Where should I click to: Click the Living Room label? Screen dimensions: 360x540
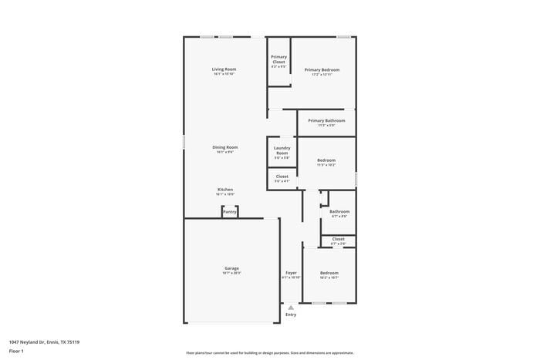click(x=224, y=69)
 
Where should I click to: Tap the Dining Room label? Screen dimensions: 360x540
click(x=225, y=147)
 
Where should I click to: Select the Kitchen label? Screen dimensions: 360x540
click(x=224, y=190)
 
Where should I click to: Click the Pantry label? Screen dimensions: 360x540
click(x=229, y=211)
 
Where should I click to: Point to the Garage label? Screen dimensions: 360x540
click(x=231, y=268)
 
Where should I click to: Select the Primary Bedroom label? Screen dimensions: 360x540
click(x=321, y=69)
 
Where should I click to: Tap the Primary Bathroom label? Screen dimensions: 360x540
click(x=326, y=120)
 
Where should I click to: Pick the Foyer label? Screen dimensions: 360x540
click(x=291, y=273)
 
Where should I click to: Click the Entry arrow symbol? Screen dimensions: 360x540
click(x=291, y=307)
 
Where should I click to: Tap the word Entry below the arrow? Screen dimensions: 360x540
click(x=291, y=315)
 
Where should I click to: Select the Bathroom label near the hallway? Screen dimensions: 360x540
click(x=339, y=211)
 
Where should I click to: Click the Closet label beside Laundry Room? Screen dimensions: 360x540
click(x=282, y=177)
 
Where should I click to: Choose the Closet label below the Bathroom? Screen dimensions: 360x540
click(x=338, y=239)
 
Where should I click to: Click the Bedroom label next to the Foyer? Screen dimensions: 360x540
click(x=329, y=273)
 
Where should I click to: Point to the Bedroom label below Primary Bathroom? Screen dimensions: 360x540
click(x=326, y=160)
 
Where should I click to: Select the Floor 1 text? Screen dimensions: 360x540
click(x=16, y=352)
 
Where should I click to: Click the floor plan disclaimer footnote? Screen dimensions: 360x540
click(x=269, y=352)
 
